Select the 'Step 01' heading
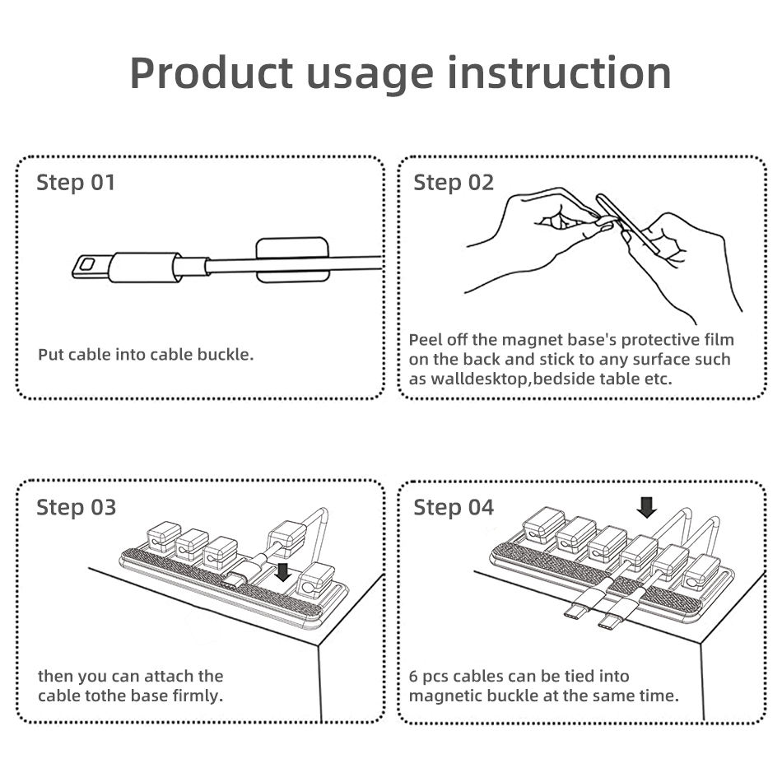coord(76,183)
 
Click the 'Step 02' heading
coord(454,183)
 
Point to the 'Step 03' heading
coord(77,508)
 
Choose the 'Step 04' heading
coord(454,508)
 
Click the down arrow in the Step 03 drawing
coord(283,572)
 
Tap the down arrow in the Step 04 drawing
coord(647,507)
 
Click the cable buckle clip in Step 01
coord(292,260)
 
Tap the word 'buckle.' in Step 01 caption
coord(226,355)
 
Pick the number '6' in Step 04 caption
coord(413,677)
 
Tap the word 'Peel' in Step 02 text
coord(425,340)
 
